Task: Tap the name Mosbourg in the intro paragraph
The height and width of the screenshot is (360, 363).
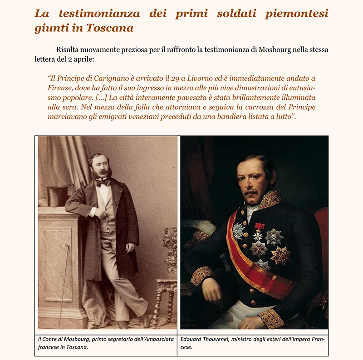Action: click(277, 49)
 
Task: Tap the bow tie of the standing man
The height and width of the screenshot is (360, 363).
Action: click(103, 183)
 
